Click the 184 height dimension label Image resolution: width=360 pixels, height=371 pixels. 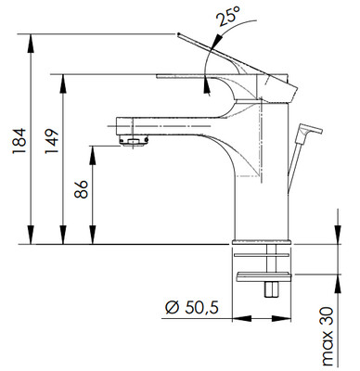click(19, 140)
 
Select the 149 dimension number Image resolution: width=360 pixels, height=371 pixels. click(51, 141)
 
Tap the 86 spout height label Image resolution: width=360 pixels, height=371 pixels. click(81, 189)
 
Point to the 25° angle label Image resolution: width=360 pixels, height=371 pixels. click(228, 16)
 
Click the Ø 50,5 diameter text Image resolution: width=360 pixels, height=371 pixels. click(192, 308)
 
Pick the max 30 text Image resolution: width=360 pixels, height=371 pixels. click(327, 337)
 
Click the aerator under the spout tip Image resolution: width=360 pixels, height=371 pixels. click(134, 142)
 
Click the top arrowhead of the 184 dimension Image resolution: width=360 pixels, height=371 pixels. click(31, 41)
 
